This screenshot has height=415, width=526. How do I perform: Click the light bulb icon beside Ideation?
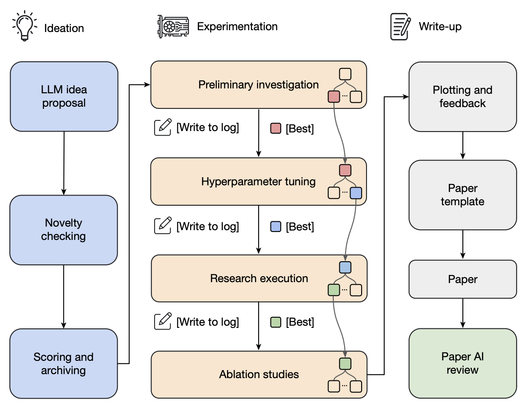point(24,26)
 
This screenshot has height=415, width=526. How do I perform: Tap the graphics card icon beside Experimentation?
point(173,26)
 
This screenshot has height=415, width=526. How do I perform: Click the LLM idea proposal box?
point(64,96)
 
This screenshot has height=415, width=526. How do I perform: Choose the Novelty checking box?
point(64,230)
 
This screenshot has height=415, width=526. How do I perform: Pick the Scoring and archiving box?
point(64,363)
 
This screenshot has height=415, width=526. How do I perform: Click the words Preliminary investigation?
point(258,85)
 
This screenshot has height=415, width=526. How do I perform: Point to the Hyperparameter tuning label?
point(258,182)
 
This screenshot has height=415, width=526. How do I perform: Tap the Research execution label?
point(259,279)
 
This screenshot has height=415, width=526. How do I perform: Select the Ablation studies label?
point(259,375)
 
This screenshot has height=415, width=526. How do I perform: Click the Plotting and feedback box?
point(462,96)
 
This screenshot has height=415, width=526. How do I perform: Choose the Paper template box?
point(462,195)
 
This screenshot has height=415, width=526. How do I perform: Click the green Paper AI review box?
point(462,363)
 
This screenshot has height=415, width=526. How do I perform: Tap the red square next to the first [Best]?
point(276,128)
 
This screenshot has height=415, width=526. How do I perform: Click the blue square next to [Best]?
point(276,227)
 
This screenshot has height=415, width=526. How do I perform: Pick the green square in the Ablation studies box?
point(345,363)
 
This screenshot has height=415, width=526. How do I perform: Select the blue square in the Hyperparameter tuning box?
point(356,193)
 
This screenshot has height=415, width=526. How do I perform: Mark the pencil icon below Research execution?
point(163,321)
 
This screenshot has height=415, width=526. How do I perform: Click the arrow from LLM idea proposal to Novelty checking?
point(64,164)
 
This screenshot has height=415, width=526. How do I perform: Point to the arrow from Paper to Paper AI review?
point(462,313)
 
